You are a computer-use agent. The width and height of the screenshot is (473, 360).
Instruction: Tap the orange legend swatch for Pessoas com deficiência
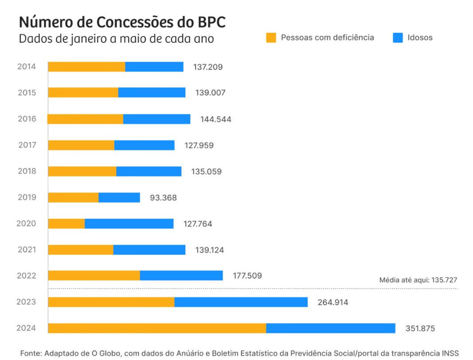pos(271,38)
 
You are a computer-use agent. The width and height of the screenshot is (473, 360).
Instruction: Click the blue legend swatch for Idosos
pos(398,38)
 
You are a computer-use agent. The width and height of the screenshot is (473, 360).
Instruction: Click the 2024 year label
pos(27,329)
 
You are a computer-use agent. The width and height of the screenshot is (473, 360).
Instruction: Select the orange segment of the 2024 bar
pos(157,328)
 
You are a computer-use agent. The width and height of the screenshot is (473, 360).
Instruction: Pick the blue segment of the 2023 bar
pos(241,302)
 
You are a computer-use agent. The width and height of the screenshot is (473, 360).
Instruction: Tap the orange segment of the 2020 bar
pos(66,223)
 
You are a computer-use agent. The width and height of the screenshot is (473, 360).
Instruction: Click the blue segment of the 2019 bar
pos(119,197)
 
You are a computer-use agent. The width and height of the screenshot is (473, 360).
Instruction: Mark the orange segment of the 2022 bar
pos(94,275)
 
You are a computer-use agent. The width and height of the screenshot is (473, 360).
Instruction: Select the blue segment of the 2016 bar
pos(156,119)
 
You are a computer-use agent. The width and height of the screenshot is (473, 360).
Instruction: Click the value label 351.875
pos(420,329)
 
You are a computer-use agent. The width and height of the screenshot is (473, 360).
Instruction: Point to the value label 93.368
pos(163,198)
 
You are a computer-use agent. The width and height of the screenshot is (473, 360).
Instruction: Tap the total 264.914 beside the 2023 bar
pos(332,302)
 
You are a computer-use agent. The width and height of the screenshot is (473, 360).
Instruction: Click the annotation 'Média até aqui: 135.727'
pos(418,280)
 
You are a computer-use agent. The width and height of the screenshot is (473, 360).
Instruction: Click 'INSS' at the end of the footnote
pos(450,353)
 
